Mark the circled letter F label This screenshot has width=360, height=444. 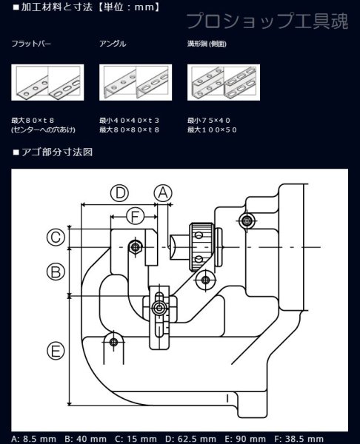tap(133, 216)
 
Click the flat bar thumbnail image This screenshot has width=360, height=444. tap(47, 82)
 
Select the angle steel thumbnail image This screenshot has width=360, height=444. tap(136, 82)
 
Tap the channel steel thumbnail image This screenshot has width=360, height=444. tap(223, 82)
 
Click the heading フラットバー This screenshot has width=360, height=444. tap(31, 44)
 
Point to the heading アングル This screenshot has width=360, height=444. tap(113, 44)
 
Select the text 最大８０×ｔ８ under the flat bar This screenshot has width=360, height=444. tap(34, 118)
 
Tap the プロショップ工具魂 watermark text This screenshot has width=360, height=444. tap(266, 21)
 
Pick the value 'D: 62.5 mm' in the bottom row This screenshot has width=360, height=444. tap(193, 438)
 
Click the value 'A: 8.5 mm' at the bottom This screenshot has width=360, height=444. tap(32, 438)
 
